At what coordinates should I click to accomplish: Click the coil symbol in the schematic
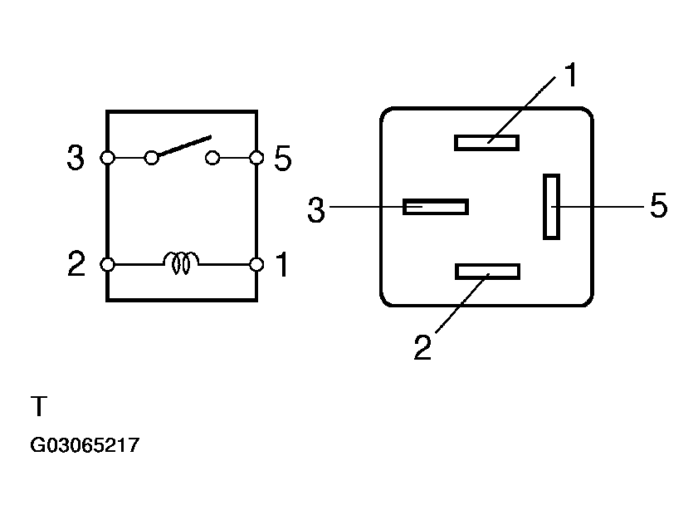tap(182, 263)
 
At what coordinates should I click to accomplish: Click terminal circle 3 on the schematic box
tap(107, 157)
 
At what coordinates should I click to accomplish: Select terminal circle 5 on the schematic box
tap(256, 157)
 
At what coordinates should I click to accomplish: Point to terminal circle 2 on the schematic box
tap(107, 264)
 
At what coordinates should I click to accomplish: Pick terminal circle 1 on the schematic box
tap(256, 264)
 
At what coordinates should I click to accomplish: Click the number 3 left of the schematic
tap(76, 158)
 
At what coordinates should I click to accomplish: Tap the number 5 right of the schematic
tap(283, 158)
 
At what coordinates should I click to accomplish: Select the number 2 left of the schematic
tap(76, 265)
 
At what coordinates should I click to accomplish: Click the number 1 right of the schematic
tap(281, 265)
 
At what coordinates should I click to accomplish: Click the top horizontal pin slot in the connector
tap(486, 142)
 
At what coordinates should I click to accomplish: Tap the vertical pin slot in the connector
tap(551, 206)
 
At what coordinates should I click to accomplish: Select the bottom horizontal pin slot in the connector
tap(487, 272)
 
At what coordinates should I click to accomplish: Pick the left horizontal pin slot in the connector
tap(436, 206)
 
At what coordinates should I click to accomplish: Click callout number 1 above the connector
tap(570, 76)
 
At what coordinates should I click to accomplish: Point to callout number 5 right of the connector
tap(658, 206)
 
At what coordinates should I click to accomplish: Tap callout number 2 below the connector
tap(423, 347)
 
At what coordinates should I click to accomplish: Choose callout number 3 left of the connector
tap(316, 211)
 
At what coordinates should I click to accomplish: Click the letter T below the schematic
tap(39, 407)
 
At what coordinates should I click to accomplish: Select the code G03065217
tap(85, 446)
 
